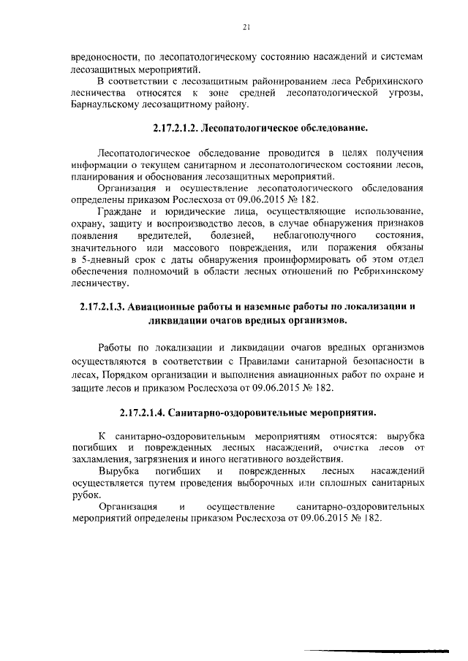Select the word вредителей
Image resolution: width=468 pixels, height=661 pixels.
164,235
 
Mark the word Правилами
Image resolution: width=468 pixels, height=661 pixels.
279,361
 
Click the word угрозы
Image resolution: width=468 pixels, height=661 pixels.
407,94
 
